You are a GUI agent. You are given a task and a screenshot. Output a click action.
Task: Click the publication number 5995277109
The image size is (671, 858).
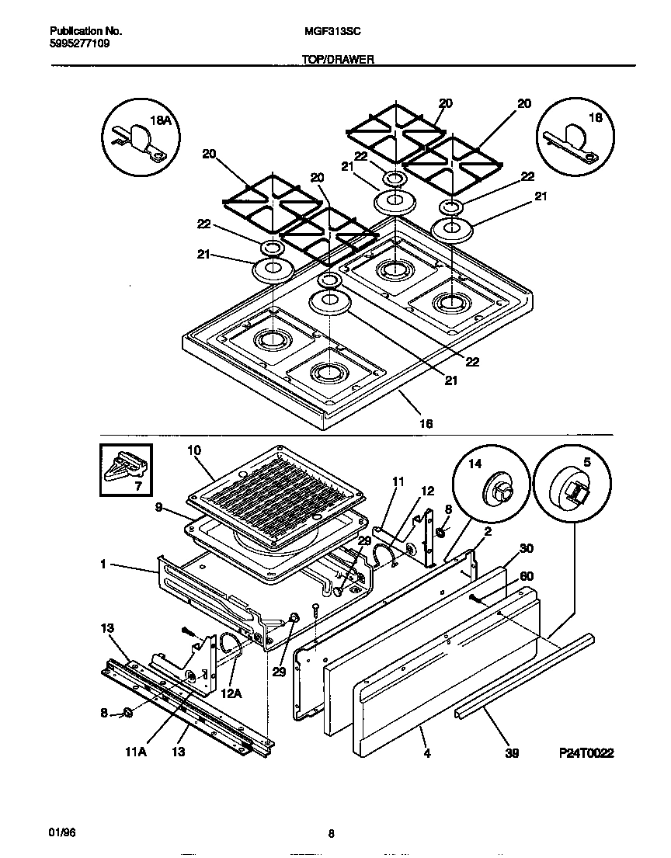pyautogui.click(x=79, y=44)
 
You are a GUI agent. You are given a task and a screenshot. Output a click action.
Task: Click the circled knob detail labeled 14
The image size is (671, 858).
pyautogui.click(x=486, y=489)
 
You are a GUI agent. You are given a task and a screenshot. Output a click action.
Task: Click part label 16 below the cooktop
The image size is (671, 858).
pyautogui.click(x=426, y=424)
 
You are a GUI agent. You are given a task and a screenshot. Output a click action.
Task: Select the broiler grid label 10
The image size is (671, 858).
pyautogui.click(x=194, y=450)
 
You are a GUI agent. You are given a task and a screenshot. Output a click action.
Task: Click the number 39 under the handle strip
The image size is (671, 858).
pyautogui.click(x=511, y=753)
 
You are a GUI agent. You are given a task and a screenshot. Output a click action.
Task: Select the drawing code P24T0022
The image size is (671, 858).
pyautogui.click(x=586, y=753)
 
